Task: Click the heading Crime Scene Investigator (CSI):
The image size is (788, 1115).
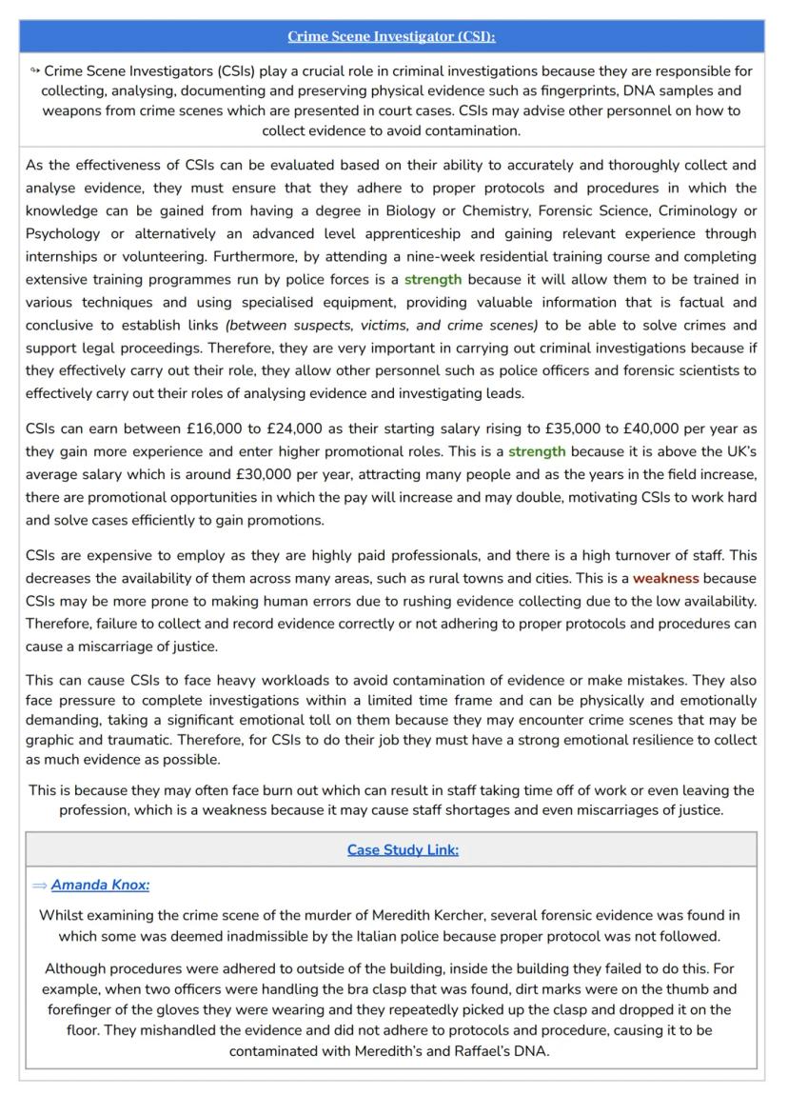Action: pyautogui.click(x=391, y=37)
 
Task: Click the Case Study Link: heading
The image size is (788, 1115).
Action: pyautogui.click(x=403, y=849)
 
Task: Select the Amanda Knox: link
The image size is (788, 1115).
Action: pyautogui.click(x=100, y=885)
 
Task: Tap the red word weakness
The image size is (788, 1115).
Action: pyautogui.click(x=666, y=578)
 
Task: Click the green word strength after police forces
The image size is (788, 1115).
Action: pyautogui.click(x=433, y=279)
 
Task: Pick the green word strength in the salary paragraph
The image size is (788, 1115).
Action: pyautogui.click(x=537, y=451)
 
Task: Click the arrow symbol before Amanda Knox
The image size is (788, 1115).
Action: pyautogui.click(x=39, y=886)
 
